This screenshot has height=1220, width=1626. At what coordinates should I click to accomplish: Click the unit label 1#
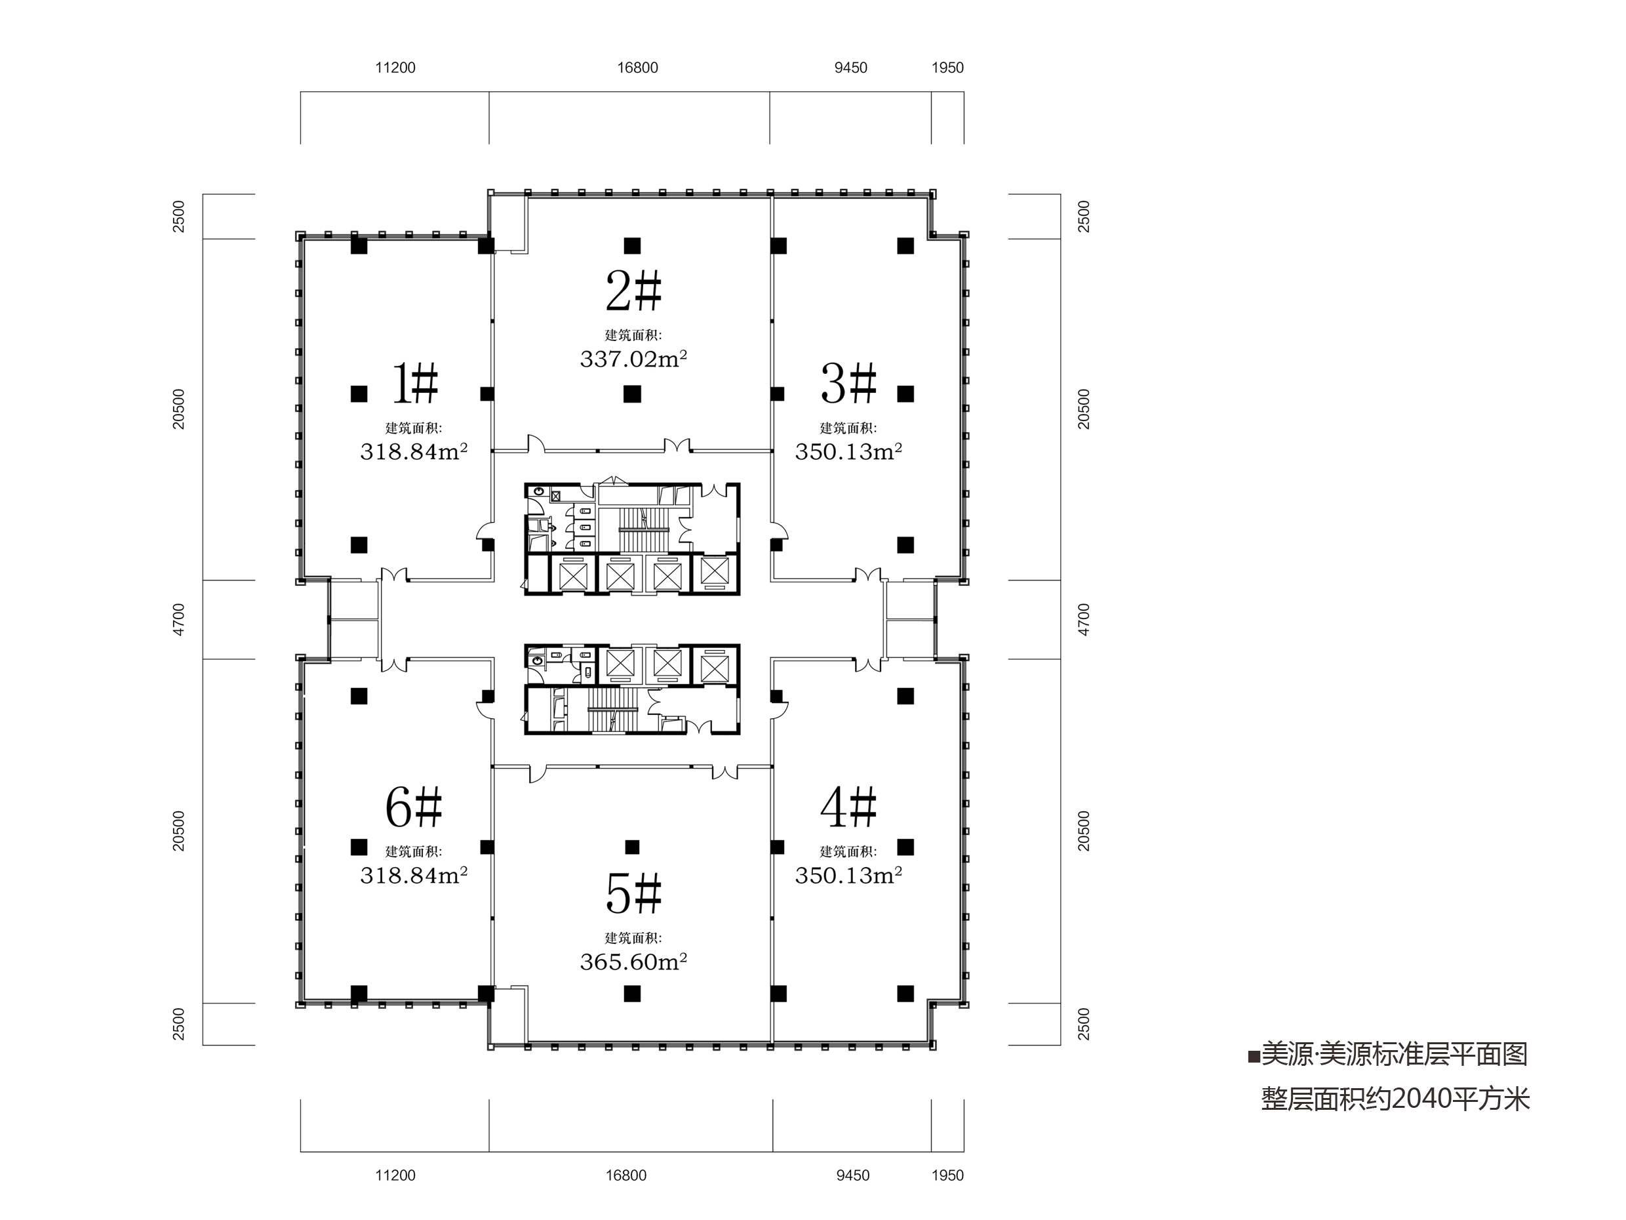(415, 384)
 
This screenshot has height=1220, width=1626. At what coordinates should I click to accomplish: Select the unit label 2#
(633, 291)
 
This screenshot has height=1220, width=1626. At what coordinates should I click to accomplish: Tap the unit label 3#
(849, 384)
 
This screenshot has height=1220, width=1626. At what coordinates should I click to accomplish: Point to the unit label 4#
(849, 807)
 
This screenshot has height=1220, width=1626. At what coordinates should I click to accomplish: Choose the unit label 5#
(633, 893)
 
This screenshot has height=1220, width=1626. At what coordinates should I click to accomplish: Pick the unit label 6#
(414, 807)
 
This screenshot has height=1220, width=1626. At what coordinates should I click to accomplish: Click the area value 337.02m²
(633, 359)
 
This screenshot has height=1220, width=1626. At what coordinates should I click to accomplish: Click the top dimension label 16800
(637, 68)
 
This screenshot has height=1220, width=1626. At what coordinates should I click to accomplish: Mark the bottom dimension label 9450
(853, 1175)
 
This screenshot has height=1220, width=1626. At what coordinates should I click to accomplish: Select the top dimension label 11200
(395, 68)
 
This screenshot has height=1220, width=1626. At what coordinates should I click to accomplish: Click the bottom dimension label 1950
(947, 1175)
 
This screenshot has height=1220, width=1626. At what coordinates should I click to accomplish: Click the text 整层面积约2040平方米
(1396, 1099)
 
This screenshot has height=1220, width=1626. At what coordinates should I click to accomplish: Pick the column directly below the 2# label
(632, 394)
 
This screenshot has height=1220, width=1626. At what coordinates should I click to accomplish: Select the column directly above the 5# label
(632, 847)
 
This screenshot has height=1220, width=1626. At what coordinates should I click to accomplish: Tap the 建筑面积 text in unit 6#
(414, 851)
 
